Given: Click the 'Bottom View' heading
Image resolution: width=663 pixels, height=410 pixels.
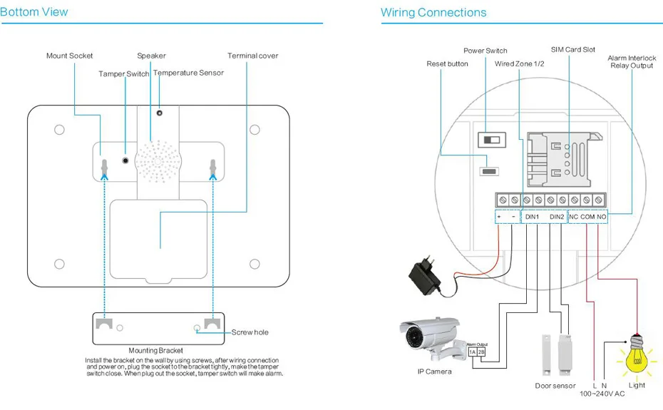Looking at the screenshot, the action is (34, 12).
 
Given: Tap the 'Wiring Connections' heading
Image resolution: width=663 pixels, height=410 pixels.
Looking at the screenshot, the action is (433, 13).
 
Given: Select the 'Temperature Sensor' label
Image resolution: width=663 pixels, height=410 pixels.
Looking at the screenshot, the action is (189, 73).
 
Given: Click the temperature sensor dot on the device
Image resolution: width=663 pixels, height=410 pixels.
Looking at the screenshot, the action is (160, 113).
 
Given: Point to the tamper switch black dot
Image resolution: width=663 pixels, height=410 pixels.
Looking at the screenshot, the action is (125, 160).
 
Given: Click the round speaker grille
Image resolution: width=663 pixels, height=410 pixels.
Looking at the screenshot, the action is (158, 162).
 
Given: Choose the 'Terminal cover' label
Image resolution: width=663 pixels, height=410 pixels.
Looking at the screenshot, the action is (253, 56).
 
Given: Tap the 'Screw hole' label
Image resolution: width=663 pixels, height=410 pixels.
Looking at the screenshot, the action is (250, 332).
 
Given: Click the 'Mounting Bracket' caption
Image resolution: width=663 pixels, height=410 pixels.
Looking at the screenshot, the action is (155, 350).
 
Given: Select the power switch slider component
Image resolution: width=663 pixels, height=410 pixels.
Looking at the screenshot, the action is (492, 140).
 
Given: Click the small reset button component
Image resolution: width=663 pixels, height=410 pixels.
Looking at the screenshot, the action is (489, 171).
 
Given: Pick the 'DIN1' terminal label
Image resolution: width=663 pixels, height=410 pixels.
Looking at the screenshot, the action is (532, 217).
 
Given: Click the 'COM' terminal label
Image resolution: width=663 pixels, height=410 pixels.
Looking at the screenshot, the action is (587, 217).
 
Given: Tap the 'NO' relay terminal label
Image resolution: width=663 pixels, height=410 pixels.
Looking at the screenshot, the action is (601, 217).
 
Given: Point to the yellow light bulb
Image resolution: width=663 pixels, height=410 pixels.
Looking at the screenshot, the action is (637, 355).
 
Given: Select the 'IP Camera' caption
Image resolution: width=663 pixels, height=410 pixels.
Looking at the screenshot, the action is (434, 371).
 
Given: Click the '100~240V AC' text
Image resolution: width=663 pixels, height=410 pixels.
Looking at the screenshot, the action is (602, 394).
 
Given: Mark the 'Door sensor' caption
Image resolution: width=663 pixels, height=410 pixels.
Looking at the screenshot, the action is (555, 386).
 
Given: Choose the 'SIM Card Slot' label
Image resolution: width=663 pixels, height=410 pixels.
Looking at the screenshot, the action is (573, 49).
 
